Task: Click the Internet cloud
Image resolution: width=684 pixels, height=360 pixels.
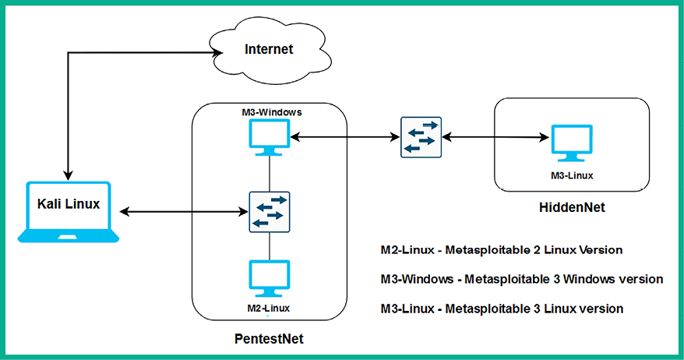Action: click(270, 49)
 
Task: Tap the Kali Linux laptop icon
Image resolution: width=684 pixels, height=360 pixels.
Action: click(69, 212)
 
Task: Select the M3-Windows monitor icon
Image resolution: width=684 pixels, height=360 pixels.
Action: click(270, 137)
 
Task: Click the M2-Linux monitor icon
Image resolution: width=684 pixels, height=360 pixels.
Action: click(270, 278)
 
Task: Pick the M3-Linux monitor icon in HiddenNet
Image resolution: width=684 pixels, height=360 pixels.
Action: click(572, 143)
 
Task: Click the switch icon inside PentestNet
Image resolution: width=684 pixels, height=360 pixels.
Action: click(270, 212)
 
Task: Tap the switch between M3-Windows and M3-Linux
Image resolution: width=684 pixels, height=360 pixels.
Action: click(421, 137)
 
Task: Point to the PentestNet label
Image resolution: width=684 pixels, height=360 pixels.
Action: click(269, 339)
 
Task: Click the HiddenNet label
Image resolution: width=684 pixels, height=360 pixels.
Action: click(572, 207)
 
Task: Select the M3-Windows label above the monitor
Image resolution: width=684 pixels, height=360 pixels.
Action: click(272, 112)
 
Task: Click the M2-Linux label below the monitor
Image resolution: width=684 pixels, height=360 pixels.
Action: click(268, 308)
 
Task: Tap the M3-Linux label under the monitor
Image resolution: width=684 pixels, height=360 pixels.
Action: click(572, 175)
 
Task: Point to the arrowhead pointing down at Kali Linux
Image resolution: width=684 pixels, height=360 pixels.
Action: click(68, 175)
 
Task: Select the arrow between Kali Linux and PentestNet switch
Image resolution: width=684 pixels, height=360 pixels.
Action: click(184, 212)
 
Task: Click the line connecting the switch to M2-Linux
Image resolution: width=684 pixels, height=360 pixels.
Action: click(270, 246)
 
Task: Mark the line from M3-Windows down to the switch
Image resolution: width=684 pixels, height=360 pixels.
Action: click(270, 174)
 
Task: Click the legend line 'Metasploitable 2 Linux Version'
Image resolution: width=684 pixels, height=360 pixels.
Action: click(502, 250)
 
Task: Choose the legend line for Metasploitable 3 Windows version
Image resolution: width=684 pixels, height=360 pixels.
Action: click(522, 279)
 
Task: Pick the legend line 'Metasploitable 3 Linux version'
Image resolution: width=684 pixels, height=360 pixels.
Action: click(502, 309)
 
